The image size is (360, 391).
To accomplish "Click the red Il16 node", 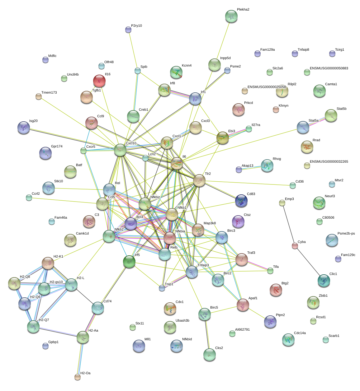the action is (x=99, y=81).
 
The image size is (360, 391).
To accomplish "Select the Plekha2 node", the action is (x=231, y=16).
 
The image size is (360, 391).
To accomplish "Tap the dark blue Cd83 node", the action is (x=241, y=201).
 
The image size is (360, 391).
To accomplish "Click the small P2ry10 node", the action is (x=128, y=30).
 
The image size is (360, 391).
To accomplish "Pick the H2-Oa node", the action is (x=78, y=377).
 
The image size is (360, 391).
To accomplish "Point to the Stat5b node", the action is (x=331, y=115).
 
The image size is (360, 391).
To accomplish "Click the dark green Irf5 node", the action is (x=129, y=262).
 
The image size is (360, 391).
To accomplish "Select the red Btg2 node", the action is (x=276, y=290).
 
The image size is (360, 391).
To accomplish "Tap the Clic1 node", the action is (x=324, y=281).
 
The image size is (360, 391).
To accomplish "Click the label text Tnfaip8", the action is (x=303, y=50).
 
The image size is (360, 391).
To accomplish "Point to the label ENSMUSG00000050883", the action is (x=329, y=68).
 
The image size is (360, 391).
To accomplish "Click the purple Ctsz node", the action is (x=238, y=221).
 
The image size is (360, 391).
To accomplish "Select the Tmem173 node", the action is (x=39, y=97).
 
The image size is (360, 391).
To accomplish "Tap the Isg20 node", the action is (x=24, y=128).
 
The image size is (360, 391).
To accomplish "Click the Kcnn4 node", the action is (x=176, y=72).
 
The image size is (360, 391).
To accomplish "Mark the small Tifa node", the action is (x=270, y=271).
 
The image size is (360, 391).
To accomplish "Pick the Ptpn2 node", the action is (x=270, y=322).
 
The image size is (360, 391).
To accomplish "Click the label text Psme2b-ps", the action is (x=346, y=234).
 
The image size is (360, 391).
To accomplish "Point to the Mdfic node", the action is (x=45, y=60).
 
